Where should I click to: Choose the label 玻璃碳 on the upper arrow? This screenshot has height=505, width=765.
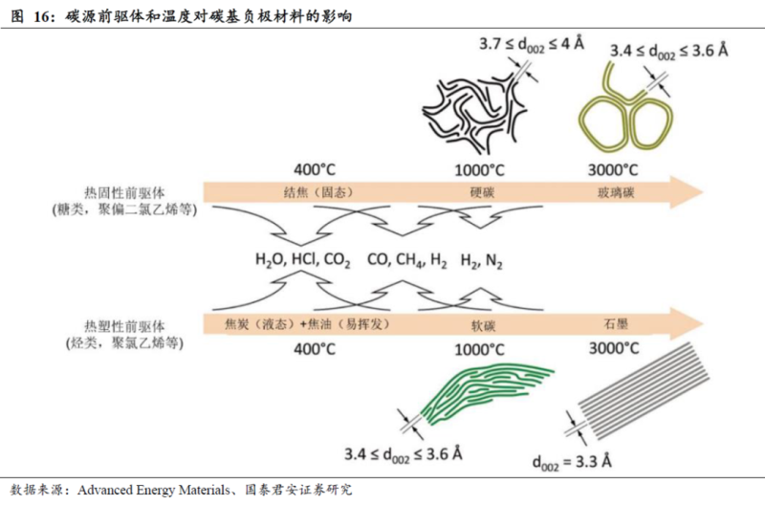613,191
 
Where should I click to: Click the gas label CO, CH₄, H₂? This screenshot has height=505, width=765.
406,259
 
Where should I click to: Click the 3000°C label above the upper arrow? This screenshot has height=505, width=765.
613,169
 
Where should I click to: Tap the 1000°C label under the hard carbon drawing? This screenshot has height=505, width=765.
477,169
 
